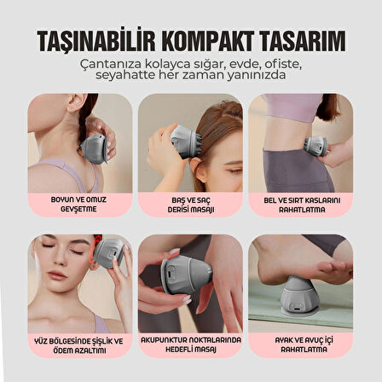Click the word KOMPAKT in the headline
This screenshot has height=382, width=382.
coord(207,40)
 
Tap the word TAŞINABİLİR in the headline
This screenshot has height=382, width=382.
coord(96,40)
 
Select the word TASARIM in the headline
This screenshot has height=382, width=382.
coord(303,40)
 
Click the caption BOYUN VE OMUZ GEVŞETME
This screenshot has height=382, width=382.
coord(78,205)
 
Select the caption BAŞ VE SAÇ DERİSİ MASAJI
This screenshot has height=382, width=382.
coord(191,205)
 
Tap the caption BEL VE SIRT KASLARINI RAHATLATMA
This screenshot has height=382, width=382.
coord(302,205)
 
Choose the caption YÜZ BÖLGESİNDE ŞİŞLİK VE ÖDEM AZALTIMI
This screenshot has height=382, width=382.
coord(78,345)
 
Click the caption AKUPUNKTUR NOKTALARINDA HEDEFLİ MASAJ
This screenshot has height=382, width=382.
coord(191,344)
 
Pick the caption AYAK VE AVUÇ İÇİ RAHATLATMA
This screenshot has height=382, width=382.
coord(304,344)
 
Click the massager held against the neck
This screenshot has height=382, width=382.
coord(94,148)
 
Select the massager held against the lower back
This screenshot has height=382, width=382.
coord(315,144)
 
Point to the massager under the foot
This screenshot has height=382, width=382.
coord(297,296)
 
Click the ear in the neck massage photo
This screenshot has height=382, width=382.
coord(76,102)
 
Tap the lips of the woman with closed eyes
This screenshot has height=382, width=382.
coord(57,275)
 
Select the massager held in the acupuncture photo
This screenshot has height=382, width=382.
coord(186,275)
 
